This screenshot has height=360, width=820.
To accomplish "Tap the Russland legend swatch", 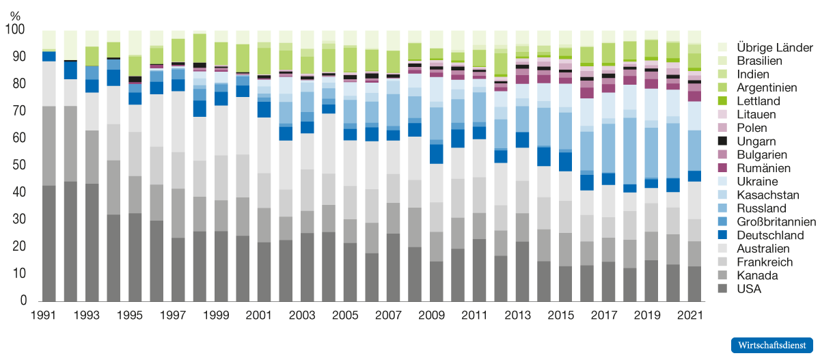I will pyautogui.click(x=722, y=208).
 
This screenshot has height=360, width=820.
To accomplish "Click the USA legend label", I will pyautogui.click(x=749, y=289).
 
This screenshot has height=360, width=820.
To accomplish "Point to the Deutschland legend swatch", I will pyautogui.click(x=722, y=235).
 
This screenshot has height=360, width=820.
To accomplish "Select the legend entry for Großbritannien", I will pyautogui.click(x=776, y=222).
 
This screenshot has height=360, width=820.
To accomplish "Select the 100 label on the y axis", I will pyautogui.click(x=14, y=30).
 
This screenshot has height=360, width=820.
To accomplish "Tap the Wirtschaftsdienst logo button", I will pyautogui.click(x=771, y=345).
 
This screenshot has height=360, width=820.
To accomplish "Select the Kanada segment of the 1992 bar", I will pyautogui.click(x=70, y=143).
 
